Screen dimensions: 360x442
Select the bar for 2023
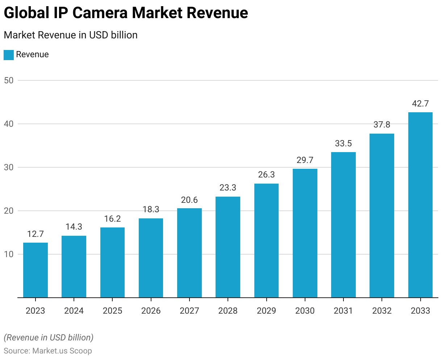point(36,270)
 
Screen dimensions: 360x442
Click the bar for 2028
point(228,247)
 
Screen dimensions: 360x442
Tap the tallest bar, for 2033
point(420,205)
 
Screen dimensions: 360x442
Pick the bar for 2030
point(305,233)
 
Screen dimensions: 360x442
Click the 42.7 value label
point(420,104)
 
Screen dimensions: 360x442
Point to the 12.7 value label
point(36,234)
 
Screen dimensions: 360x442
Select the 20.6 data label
point(189,200)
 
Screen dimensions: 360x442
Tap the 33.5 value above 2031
point(343,143)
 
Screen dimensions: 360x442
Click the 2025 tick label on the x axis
point(112,311)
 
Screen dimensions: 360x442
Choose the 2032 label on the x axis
point(382,311)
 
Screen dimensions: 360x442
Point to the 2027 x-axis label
point(189,311)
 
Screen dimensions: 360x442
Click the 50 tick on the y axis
point(9,80)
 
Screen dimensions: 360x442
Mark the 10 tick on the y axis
point(9,254)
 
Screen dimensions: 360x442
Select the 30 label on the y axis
point(9,167)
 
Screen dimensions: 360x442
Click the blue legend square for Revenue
point(9,55)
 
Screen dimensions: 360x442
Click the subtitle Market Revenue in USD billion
point(71,35)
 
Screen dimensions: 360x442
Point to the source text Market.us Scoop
point(62,351)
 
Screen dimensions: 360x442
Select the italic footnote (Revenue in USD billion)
point(49,337)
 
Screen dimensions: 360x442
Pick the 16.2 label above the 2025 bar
point(112,219)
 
